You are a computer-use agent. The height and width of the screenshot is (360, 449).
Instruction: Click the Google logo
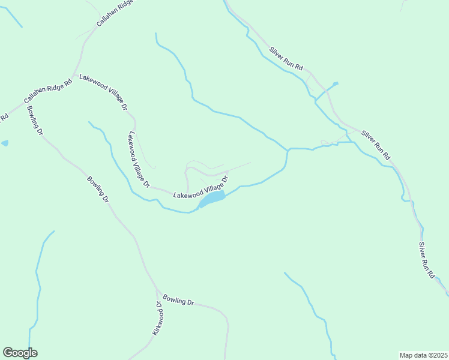click(20, 353)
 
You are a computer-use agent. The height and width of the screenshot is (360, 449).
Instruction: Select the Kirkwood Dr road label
click(158, 317)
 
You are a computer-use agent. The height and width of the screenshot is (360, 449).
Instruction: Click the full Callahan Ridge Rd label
click(48, 91)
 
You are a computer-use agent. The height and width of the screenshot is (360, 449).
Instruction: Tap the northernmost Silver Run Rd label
click(286, 59)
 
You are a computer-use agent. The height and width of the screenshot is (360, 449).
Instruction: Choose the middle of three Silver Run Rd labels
click(376, 143)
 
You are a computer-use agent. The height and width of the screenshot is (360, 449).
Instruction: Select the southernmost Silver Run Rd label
click(426, 259)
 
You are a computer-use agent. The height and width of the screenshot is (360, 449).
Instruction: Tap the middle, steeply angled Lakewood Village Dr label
click(137, 160)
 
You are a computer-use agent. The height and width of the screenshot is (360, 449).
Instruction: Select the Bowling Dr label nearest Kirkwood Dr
click(179, 299)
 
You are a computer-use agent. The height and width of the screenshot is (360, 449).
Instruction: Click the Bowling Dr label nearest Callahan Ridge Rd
click(34, 120)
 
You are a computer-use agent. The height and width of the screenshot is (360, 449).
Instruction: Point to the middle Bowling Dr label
click(98, 188)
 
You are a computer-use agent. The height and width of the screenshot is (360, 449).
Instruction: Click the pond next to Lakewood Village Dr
click(213, 197)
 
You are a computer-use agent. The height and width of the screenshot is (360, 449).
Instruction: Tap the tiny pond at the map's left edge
click(5, 143)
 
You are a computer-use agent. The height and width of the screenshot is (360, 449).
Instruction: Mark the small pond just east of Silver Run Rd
click(335, 83)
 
